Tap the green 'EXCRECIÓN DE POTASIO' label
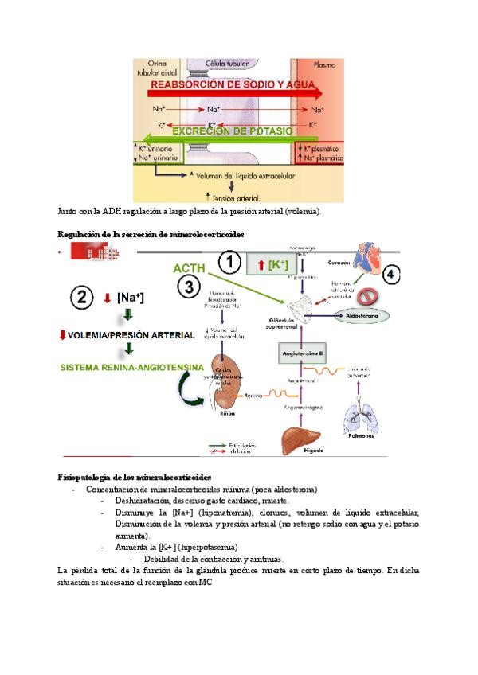[x=232, y=131]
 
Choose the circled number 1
[x=230, y=263]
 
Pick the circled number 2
[x=82, y=298]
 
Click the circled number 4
[x=391, y=275]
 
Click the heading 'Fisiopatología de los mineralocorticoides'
[x=135, y=476]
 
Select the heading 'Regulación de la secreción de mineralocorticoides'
[x=151, y=234]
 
